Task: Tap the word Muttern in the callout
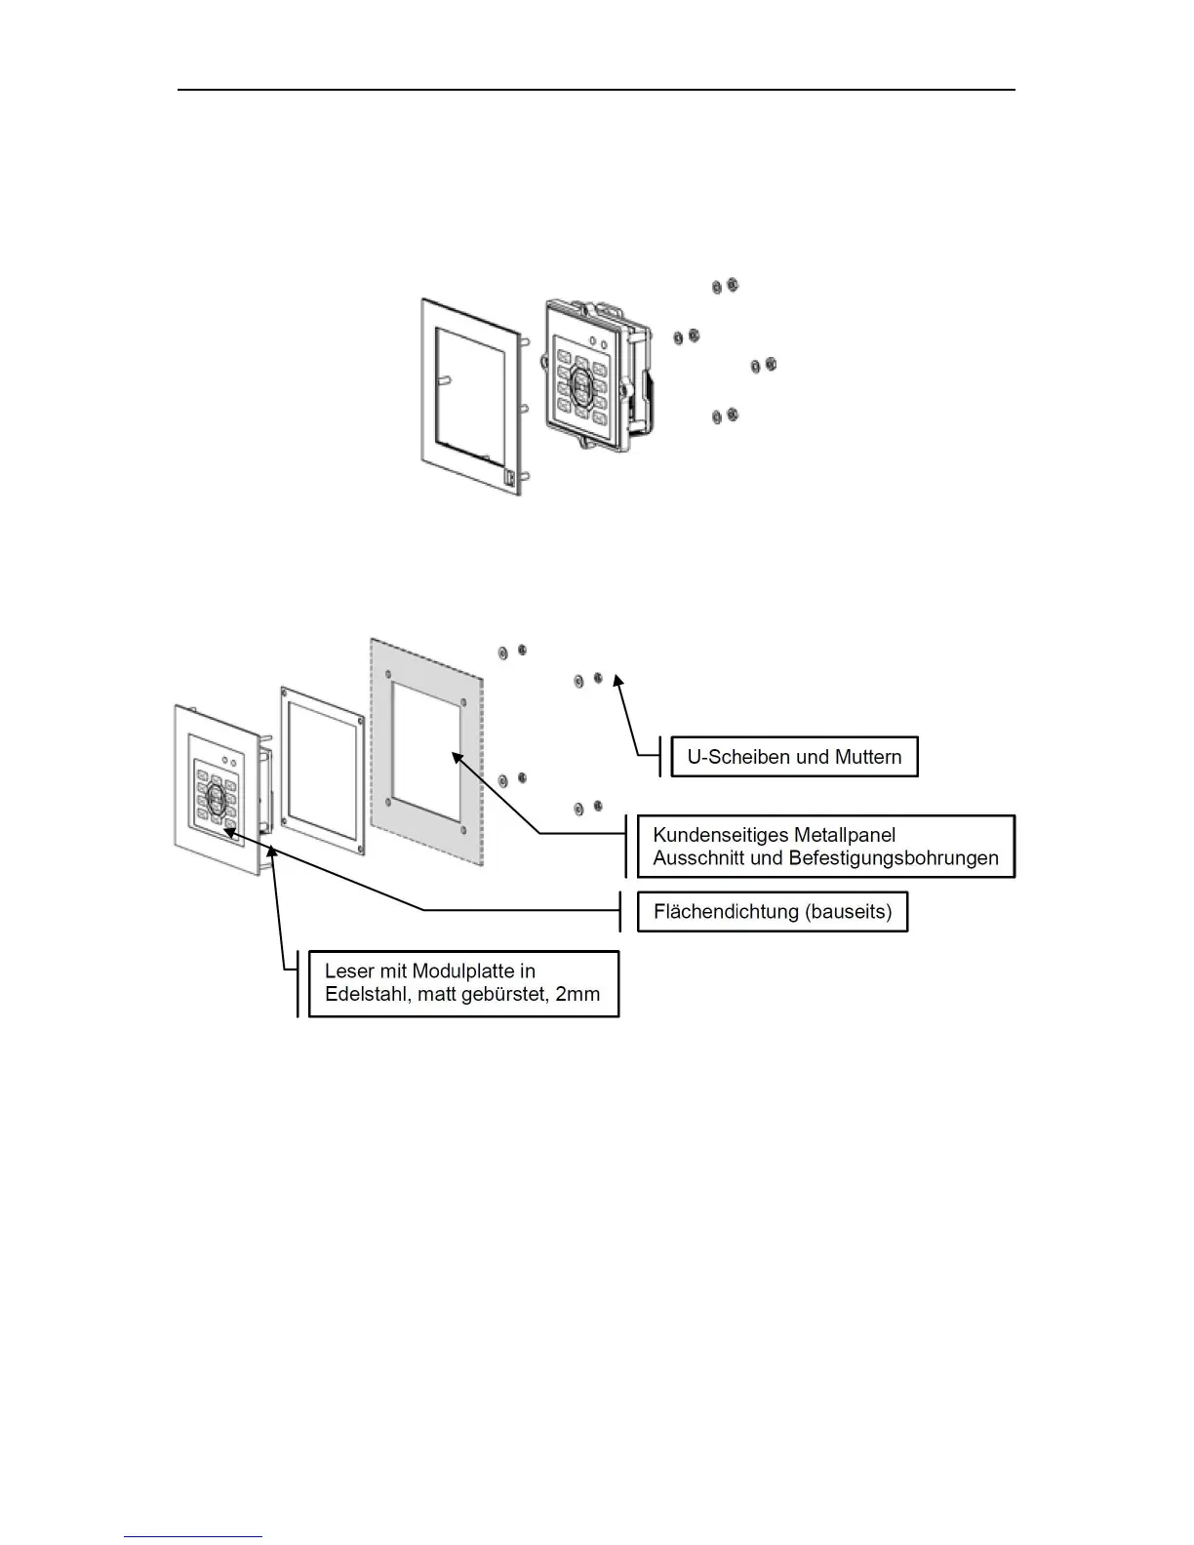[868, 757]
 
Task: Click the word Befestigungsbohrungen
[898, 858]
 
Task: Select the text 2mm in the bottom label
[577, 995]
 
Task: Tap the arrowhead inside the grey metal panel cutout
[455, 754]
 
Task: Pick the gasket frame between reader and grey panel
[322, 767]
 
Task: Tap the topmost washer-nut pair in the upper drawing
[725, 285]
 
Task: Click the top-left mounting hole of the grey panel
[389, 674]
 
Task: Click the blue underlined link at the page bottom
[194, 1537]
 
